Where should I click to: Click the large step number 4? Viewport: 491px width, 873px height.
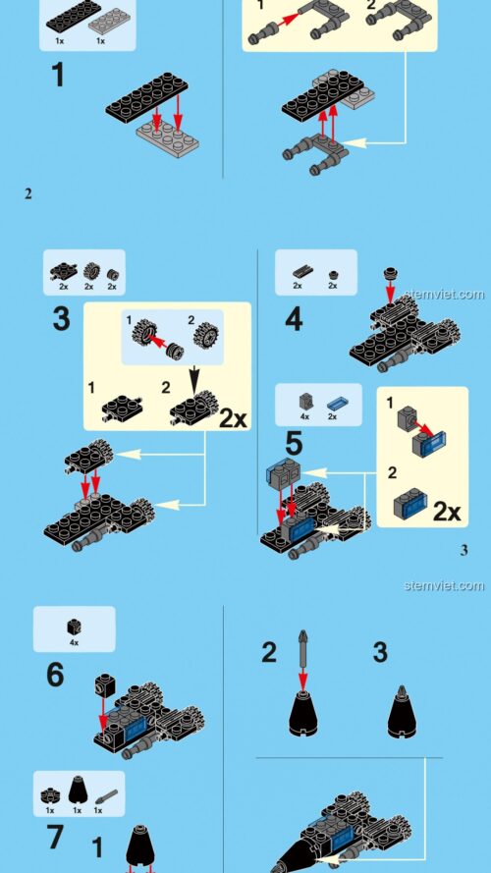[294, 320]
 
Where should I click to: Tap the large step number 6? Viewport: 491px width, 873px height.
[55, 676]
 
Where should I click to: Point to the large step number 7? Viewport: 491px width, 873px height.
[55, 838]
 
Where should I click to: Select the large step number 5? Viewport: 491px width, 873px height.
[294, 443]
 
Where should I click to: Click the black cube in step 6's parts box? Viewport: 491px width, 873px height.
[74, 626]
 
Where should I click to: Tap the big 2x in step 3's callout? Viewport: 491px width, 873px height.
[233, 418]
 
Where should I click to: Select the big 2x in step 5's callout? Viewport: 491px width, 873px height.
[447, 511]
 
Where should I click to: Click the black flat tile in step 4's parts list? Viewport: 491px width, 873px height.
[298, 270]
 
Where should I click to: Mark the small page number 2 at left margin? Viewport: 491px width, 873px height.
[28, 193]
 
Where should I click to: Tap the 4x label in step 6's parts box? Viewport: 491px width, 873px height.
[74, 642]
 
